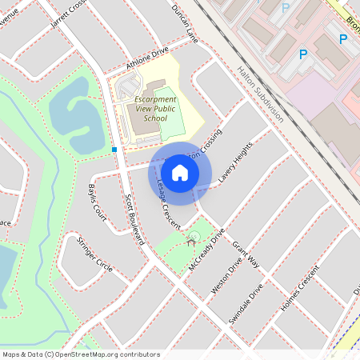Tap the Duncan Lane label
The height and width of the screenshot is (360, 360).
[184, 22]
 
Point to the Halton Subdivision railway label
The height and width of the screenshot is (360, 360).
[260, 93]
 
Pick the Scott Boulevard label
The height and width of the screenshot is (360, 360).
[134, 218]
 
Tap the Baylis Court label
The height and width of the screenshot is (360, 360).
[98, 201]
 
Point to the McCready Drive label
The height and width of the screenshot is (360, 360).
[206, 250]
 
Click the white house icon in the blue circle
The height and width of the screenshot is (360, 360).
[180, 172]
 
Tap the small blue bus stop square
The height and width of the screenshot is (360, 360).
[115, 149]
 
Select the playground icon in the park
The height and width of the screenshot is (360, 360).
[191, 238]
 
